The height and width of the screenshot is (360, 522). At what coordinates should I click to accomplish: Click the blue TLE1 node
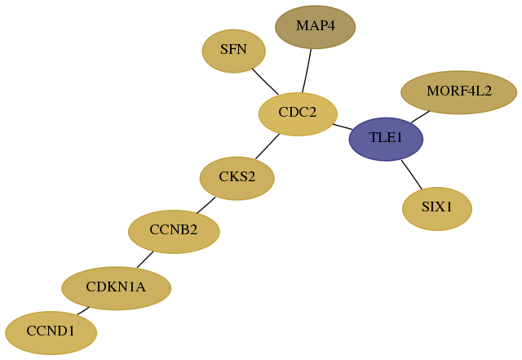click(386, 139)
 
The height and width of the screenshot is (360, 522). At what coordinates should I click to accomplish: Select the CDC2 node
click(298, 114)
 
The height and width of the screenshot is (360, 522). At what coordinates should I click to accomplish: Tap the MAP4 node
click(316, 27)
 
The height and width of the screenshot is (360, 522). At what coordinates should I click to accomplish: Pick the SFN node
click(234, 51)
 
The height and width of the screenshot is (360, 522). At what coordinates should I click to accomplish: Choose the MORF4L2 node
click(458, 92)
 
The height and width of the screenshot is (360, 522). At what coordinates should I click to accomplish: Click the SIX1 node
click(437, 209)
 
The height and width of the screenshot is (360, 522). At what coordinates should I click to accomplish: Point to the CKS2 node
click(237, 178)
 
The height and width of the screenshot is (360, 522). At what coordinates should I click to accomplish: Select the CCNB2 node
click(174, 232)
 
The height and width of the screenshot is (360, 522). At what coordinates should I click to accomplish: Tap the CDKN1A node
click(116, 288)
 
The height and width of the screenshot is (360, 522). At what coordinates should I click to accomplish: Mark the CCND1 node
click(51, 333)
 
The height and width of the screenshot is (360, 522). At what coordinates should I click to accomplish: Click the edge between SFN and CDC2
click(265, 82)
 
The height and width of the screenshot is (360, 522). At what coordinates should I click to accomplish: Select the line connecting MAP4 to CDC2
click(307, 71)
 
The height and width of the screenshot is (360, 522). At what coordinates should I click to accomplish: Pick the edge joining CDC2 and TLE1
click(343, 127)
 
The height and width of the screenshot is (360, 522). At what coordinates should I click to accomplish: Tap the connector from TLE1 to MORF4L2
click(420, 117)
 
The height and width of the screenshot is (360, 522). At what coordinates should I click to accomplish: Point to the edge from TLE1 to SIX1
click(412, 175)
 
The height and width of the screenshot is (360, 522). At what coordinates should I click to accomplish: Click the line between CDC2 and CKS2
click(268, 147)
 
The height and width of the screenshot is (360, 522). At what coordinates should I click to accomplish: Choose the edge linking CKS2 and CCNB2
click(206, 206)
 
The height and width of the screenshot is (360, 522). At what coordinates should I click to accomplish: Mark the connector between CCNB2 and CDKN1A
click(145, 260)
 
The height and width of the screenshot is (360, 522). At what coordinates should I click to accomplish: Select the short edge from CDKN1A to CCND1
click(83, 311)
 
